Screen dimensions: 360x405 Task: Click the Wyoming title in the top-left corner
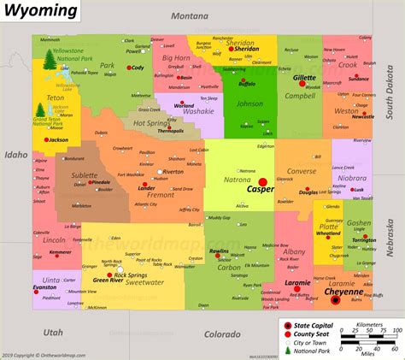click(x=40, y=11)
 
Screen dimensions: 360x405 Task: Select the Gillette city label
click(x=304, y=77)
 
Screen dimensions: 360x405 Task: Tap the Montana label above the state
click(x=189, y=16)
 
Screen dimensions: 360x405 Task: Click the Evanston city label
click(x=45, y=287)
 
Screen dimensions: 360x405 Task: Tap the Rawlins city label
click(x=220, y=251)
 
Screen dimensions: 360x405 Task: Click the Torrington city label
click(x=364, y=240)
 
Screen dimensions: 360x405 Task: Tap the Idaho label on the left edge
click(x=15, y=155)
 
